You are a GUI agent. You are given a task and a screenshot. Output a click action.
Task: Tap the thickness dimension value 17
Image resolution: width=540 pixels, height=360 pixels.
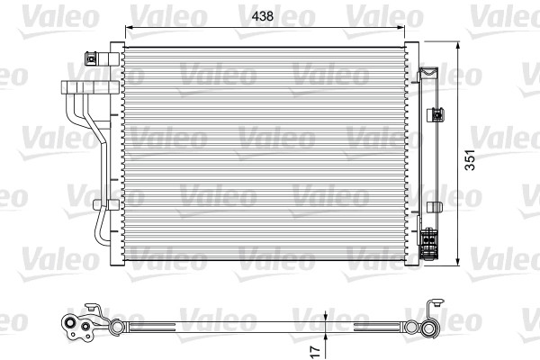click(312, 348)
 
